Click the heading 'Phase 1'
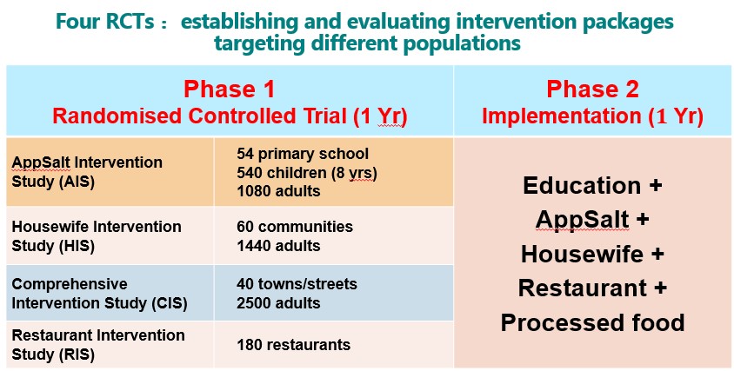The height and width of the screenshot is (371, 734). (x=229, y=89)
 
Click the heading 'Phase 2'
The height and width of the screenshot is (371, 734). (x=592, y=89)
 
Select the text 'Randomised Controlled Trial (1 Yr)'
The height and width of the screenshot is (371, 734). (x=230, y=116)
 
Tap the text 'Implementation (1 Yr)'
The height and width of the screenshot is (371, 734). (x=592, y=116)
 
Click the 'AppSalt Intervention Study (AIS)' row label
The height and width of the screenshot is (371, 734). (x=87, y=172)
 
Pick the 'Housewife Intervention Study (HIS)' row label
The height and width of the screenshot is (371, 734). (x=97, y=236)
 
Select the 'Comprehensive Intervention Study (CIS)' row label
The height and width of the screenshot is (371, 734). (x=100, y=294)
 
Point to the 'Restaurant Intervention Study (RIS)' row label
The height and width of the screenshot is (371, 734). (x=98, y=345)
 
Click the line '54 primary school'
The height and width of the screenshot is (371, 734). (x=303, y=154)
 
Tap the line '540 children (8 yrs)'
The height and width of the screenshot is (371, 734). (x=307, y=172)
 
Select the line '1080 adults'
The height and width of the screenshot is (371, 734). (x=278, y=191)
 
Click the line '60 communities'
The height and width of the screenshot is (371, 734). (x=295, y=227)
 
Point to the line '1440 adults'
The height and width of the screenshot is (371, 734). (x=278, y=246)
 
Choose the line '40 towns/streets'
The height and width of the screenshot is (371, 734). (x=297, y=284)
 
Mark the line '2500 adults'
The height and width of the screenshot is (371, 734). (x=278, y=302)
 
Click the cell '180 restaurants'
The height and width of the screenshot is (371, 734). (x=293, y=345)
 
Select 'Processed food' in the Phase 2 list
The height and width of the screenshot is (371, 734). (x=592, y=323)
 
